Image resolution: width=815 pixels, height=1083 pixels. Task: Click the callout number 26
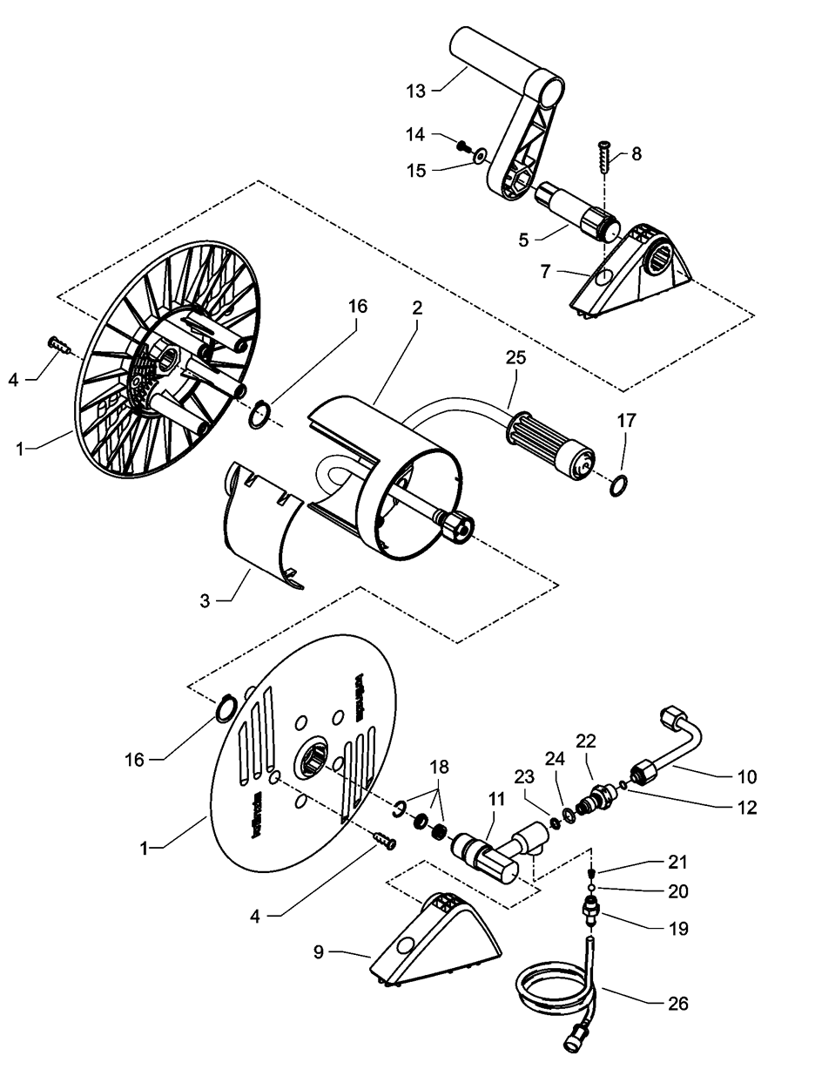click(x=677, y=1004)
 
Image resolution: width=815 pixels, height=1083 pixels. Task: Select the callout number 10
click(x=747, y=776)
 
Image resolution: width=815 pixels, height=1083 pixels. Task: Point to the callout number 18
click(x=440, y=767)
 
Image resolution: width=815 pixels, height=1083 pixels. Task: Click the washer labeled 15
click(x=479, y=158)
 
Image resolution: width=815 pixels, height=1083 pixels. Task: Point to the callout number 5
click(x=523, y=239)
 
